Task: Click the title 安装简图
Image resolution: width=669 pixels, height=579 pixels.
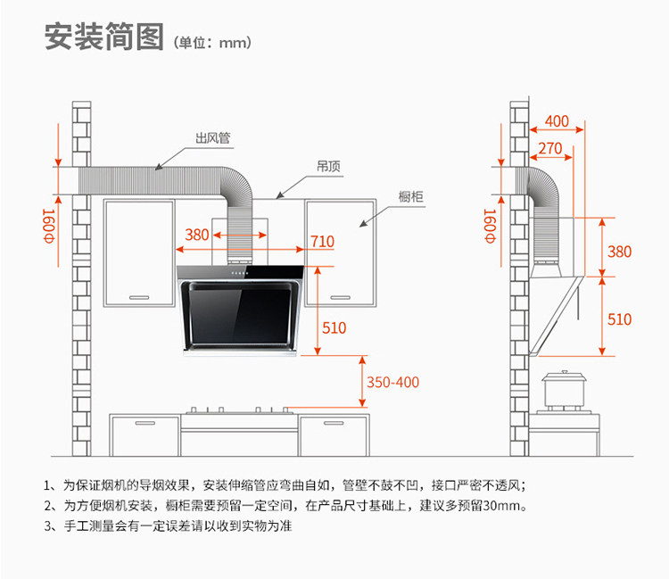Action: point(104,37)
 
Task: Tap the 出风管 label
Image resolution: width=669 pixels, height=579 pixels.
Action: point(213,137)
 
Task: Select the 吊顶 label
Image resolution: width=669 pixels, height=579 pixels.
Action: point(328,166)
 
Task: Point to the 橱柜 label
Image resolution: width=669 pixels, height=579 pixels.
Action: point(411,196)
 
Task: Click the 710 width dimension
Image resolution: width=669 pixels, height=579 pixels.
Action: point(323,242)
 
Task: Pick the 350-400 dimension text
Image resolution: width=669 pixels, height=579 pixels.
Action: point(393,382)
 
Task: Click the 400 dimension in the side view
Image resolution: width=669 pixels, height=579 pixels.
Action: point(557,121)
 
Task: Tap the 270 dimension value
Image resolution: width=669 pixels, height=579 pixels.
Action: point(550,148)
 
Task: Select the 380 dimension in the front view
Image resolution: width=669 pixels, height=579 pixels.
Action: point(197,235)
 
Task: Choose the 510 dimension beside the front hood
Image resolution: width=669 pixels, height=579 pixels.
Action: point(334,327)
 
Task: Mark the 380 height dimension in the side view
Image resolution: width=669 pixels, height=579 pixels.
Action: point(620,252)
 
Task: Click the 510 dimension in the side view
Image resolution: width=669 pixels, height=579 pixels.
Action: point(620,319)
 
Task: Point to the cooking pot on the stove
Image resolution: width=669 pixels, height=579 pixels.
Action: point(564,390)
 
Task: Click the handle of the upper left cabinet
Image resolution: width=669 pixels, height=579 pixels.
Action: point(139,297)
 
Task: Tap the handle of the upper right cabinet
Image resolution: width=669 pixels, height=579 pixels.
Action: point(340,297)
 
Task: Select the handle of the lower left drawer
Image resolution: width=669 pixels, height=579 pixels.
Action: point(145,423)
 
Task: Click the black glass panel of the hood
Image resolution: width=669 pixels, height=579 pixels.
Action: point(239,315)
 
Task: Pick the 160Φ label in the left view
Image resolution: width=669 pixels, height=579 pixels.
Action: point(49,226)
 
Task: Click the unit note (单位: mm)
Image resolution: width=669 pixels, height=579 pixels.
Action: point(212,43)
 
